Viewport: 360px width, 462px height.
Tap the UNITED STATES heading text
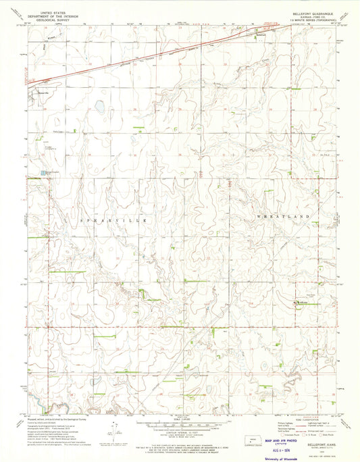point(55,12)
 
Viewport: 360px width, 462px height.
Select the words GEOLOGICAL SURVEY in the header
point(55,20)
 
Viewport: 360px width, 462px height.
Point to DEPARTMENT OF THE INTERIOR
point(55,16)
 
